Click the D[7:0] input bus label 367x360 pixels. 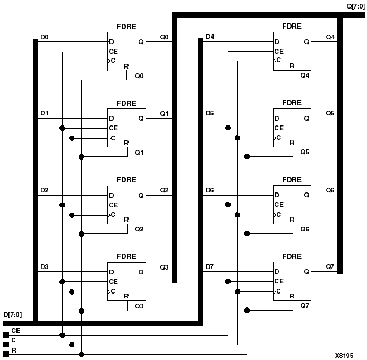pyautogui.click(x=13, y=315)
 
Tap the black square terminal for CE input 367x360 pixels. pyautogui.click(x=6, y=335)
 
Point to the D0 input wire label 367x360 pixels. pyautogui.click(x=45, y=37)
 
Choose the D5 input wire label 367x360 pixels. pyautogui.click(x=210, y=114)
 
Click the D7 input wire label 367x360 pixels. pyautogui.click(x=210, y=266)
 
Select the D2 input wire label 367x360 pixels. pyautogui.click(x=45, y=190)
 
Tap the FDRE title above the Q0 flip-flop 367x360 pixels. pyautogui.click(x=127, y=27)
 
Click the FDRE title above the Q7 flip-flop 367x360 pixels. pyautogui.click(x=292, y=256)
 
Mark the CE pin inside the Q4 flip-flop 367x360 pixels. pyautogui.click(x=279, y=52)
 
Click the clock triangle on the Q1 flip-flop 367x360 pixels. pyautogui.click(x=110, y=138)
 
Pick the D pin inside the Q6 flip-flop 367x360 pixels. pyautogui.click(x=277, y=195)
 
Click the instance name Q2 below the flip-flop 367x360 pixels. pyautogui.click(x=139, y=229)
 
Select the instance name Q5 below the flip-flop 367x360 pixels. pyautogui.click(x=304, y=153)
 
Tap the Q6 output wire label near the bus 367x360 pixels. pyautogui.click(x=330, y=190)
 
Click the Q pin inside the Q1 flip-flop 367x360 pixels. pyautogui.click(x=141, y=119)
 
